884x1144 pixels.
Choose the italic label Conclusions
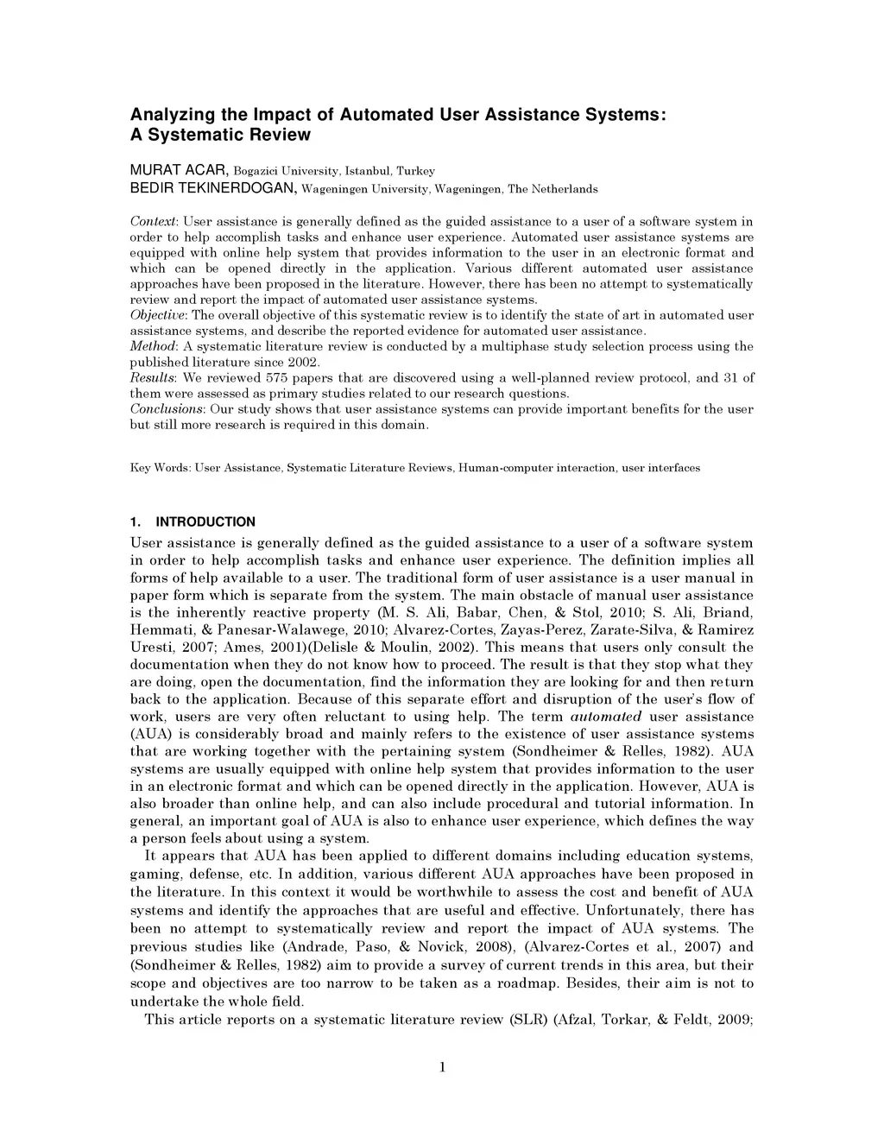pyautogui.click(x=166, y=409)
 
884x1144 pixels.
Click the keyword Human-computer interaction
pyautogui.click(x=537, y=468)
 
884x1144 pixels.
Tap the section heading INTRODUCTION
pyautogui.click(x=205, y=521)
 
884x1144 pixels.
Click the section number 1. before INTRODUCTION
pyautogui.click(x=135, y=521)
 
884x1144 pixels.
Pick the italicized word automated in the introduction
pyautogui.click(x=605, y=717)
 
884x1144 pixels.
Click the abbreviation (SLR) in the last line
pyautogui.click(x=526, y=1020)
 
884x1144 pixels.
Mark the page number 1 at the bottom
pyautogui.click(x=442, y=1066)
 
